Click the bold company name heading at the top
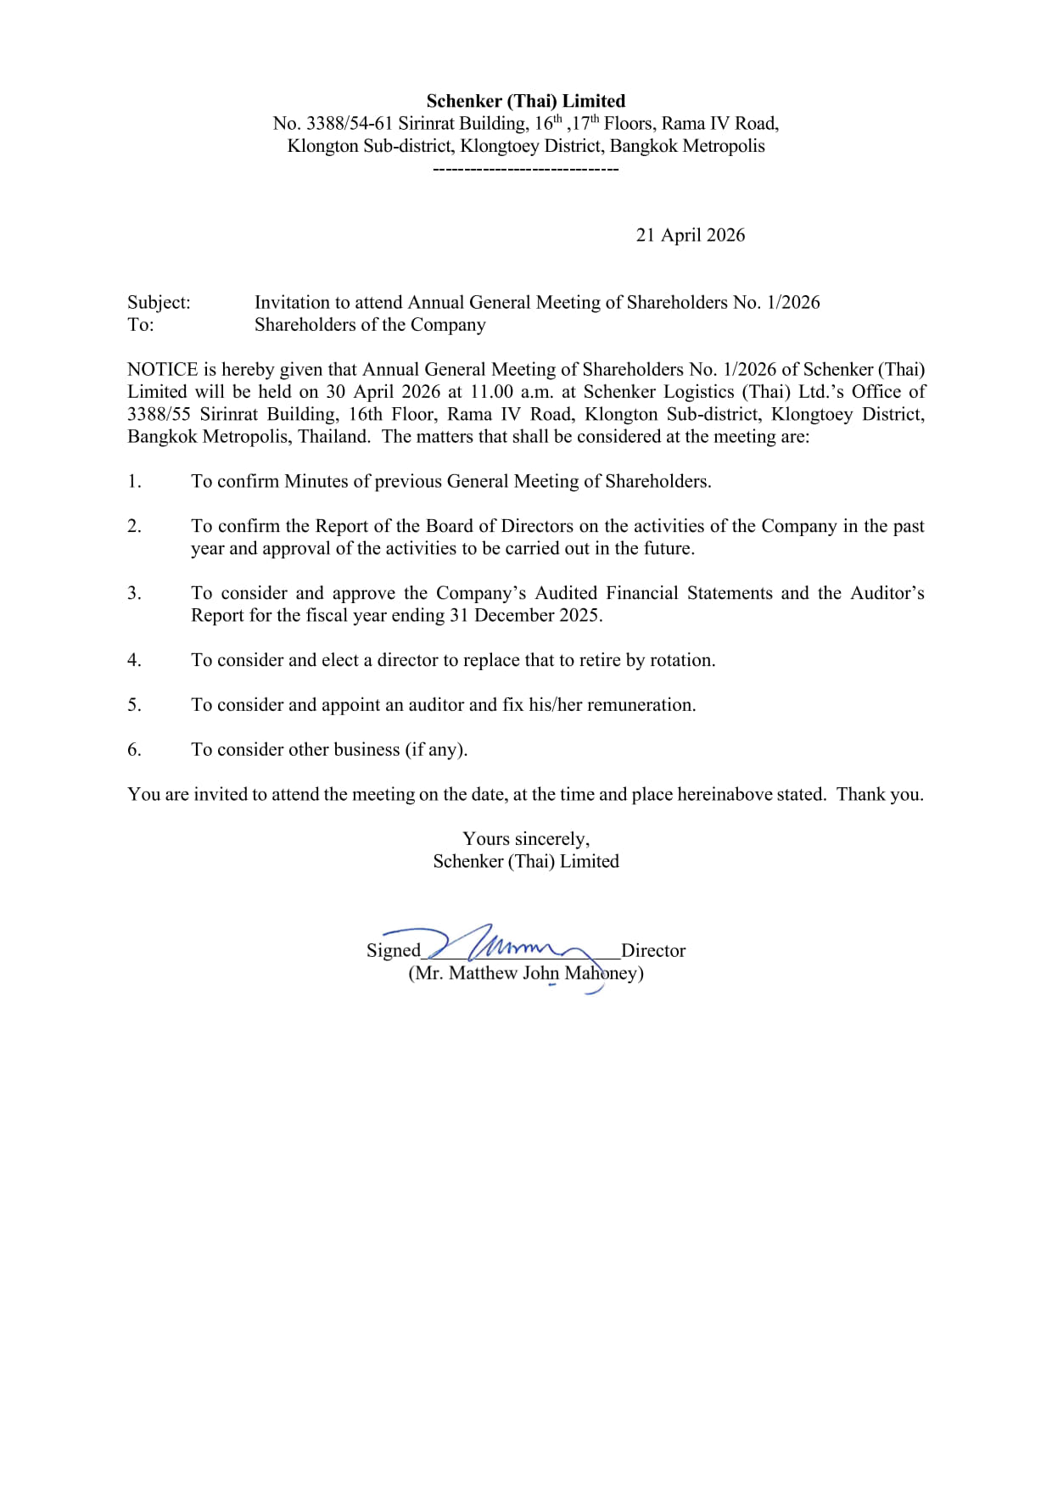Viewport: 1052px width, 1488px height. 525,101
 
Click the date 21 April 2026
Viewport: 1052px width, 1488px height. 690,235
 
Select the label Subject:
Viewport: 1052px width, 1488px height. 159,302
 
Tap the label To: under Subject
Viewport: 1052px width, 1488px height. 140,325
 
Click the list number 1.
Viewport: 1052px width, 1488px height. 134,481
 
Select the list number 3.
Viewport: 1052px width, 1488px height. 134,593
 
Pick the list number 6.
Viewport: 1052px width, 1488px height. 134,749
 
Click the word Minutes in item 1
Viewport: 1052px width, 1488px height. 316,481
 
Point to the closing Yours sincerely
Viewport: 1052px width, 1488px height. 525,839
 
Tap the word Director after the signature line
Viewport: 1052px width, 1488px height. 652,950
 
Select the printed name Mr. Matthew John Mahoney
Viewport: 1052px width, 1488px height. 525,973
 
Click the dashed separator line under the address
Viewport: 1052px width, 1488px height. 525,170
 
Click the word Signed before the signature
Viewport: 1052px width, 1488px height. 393,950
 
